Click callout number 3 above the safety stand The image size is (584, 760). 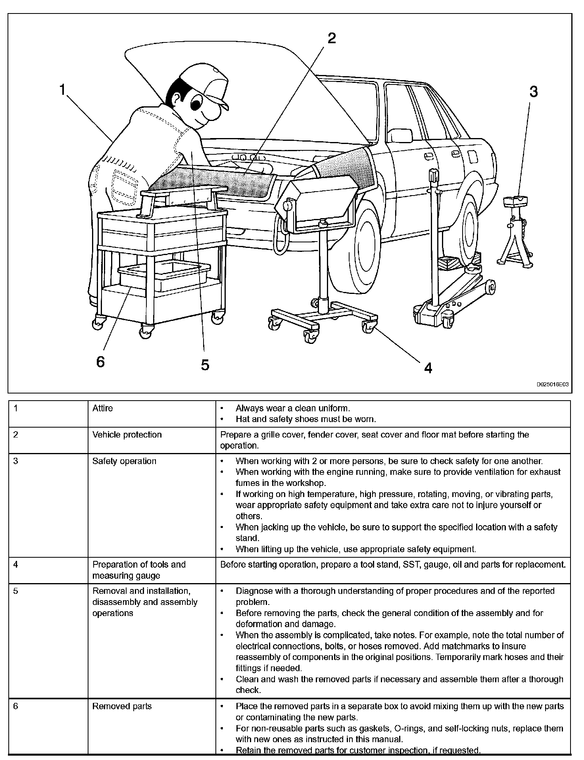[x=534, y=92]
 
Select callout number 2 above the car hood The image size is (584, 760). [x=331, y=38]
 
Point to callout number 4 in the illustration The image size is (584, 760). [x=428, y=368]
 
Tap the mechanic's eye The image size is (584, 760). [x=196, y=104]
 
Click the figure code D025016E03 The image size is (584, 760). [x=553, y=384]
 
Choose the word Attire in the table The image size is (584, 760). [x=103, y=408]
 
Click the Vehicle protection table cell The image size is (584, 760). [x=127, y=435]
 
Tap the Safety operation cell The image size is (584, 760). [x=124, y=461]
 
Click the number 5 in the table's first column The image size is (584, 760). [x=15, y=591]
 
